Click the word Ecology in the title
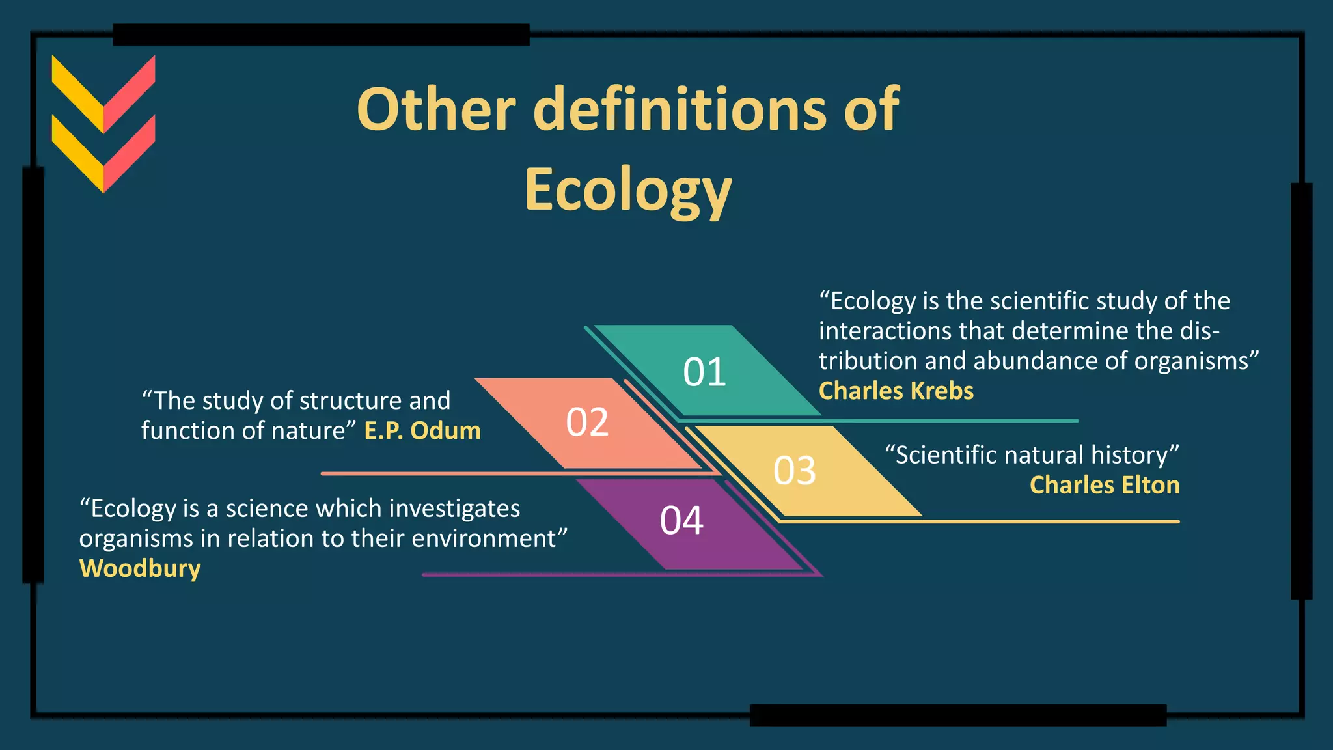pos(628,190)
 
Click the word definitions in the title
pos(680,109)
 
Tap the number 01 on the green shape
pos(704,372)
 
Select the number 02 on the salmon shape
pos(587,422)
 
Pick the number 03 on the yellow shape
pos(794,471)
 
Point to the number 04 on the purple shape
pos(681,521)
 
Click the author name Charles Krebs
pos(896,391)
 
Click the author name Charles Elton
pos(1104,485)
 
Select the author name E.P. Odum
pos(422,431)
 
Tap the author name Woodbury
pos(140,568)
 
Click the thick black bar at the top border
pos(321,35)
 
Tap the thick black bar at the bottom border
pos(957,715)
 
